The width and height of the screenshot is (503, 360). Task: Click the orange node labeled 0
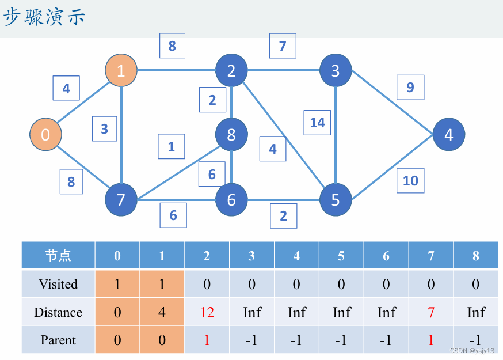click(x=45, y=135)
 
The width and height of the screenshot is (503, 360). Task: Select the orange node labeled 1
click(x=121, y=71)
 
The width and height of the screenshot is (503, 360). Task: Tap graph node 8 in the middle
click(x=231, y=135)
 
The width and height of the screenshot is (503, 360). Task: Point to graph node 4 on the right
click(x=448, y=135)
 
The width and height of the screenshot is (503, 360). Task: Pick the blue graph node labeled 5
click(x=336, y=199)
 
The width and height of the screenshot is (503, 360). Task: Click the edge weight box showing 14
click(x=317, y=122)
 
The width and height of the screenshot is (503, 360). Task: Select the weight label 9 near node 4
click(x=410, y=88)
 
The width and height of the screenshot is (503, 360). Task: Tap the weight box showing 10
click(x=410, y=181)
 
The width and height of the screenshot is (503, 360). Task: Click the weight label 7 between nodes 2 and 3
click(x=283, y=46)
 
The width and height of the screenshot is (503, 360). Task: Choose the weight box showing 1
click(x=172, y=147)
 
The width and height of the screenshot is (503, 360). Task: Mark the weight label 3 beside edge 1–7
click(x=104, y=128)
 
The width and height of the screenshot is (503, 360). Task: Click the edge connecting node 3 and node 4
click(x=391, y=103)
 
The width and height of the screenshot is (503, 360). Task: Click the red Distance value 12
click(x=207, y=312)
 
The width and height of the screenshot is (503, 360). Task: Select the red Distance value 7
click(x=431, y=312)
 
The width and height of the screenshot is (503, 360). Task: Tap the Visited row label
click(x=58, y=284)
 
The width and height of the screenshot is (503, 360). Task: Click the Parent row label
click(x=58, y=340)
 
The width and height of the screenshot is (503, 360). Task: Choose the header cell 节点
click(x=58, y=256)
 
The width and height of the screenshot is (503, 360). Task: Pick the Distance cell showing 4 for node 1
click(x=162, y=312)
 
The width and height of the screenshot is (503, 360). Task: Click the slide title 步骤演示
click(x=45, y=17)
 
